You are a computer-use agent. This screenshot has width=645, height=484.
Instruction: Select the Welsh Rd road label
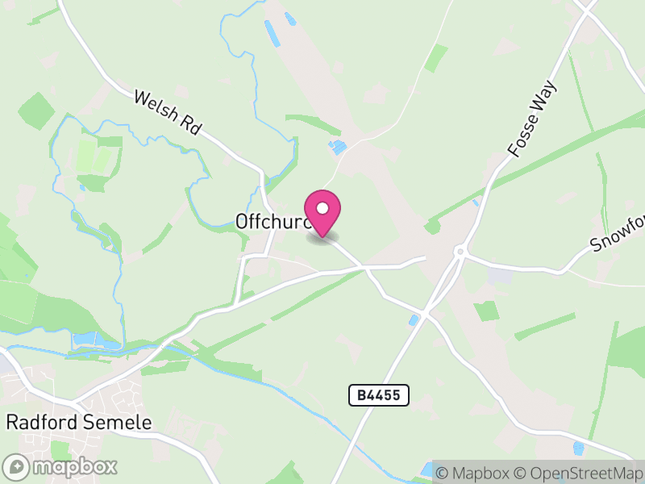click(x=167, y=112)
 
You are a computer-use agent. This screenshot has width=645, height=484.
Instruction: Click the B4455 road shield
click(x=379, y=395)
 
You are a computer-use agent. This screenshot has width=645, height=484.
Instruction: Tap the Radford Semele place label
click(x=79, y=422)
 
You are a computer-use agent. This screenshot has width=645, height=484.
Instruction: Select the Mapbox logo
click(x=61, y=467)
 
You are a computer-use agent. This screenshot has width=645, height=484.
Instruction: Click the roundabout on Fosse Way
click(x=460, y=252)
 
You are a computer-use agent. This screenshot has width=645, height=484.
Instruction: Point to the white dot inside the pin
click(x=322, y=208)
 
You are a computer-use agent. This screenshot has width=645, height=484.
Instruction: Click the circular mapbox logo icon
click(x=16, y=467)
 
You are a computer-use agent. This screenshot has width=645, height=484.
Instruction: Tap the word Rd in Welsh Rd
click(x=190, y=127)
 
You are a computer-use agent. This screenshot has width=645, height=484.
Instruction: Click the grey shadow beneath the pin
click(x=322, y=237)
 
